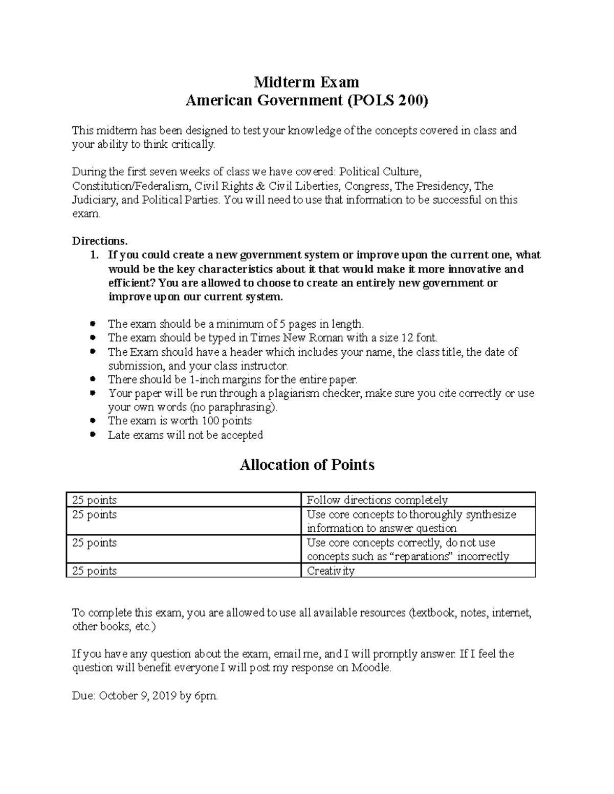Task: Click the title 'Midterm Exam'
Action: point(306,82)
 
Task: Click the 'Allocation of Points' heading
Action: point(307,465)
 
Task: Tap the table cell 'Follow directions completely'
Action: point(377,500)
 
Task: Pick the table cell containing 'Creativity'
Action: point(331,571)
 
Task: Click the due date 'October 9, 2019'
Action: point(138,696)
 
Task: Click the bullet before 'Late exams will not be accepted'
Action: point(93,435)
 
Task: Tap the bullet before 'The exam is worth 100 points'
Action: point(93,421)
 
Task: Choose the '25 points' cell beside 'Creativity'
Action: point(95,571)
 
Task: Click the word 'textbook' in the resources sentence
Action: point(432,613)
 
